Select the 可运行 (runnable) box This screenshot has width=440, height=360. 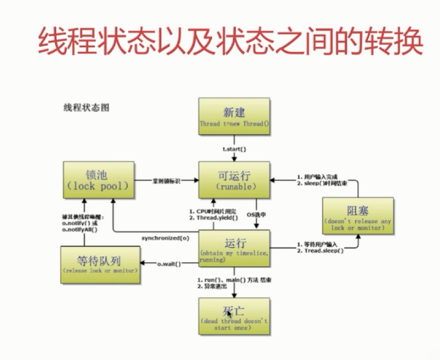[234, 180]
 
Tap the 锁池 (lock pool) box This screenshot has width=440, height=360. [98, 180]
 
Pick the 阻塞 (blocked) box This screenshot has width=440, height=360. [358, 216]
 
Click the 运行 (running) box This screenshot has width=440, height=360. [234, 248]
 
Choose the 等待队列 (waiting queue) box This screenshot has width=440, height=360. [99, 264]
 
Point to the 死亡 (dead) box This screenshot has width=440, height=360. [234, 317]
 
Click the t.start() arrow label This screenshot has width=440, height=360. [235, 149]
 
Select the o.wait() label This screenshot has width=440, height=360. [169, 264]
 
